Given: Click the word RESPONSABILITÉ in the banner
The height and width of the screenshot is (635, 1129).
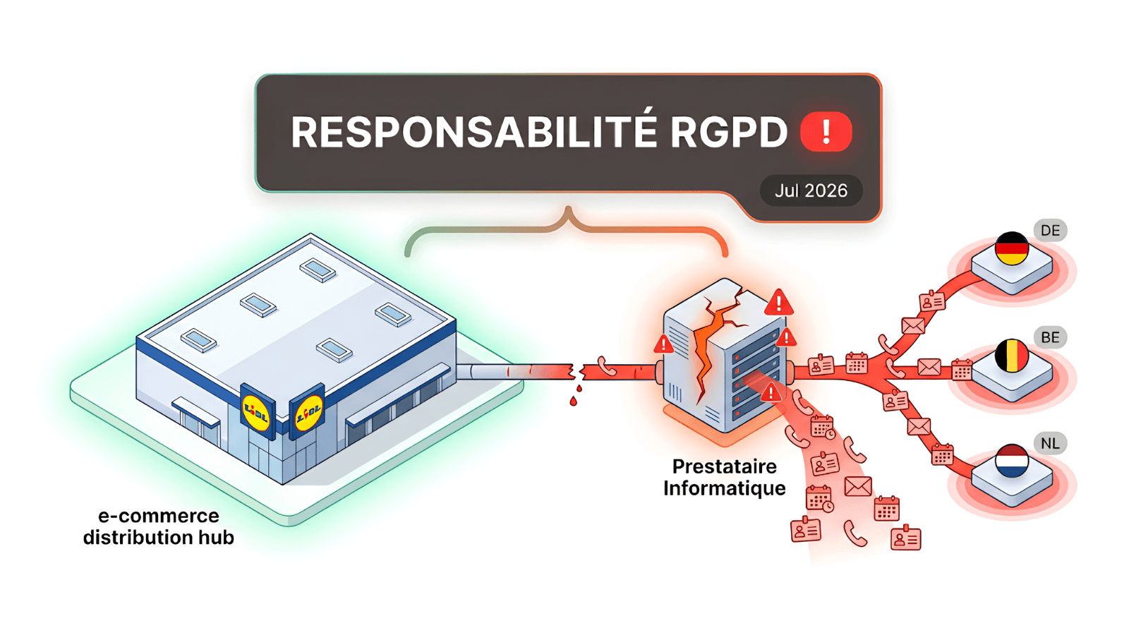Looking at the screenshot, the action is pos(474,132).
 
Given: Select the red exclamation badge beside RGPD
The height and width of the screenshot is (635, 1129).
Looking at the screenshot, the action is pos(826,132).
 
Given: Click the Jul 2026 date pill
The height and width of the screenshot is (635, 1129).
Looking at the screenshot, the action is pos(811,190).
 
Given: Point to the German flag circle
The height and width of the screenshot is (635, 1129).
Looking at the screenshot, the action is pos(1011,248).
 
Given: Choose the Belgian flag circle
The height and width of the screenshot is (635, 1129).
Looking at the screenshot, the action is pos(1011,356).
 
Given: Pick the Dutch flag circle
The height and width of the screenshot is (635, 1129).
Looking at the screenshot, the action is pos(1012,461).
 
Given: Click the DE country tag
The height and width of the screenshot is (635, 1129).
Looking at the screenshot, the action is pos(1051,231).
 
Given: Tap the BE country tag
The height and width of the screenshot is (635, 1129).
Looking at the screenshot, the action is pos(1051,337).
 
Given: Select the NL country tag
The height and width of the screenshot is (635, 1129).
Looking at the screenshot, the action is pos(1051,444).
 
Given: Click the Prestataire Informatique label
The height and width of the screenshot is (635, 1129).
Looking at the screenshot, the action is pos(724,477).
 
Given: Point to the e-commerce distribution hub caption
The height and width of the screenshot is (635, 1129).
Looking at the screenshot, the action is pos(158,526).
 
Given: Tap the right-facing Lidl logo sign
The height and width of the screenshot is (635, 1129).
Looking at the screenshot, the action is pos(308,412).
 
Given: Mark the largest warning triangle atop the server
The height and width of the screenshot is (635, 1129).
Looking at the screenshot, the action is pos(779,302).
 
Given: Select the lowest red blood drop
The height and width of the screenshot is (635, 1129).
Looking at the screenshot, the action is pos(573,401).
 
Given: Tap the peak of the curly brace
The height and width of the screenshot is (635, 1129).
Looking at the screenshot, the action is pos(569,207).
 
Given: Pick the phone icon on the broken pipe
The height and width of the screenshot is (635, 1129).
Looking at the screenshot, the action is pos(607,366).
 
